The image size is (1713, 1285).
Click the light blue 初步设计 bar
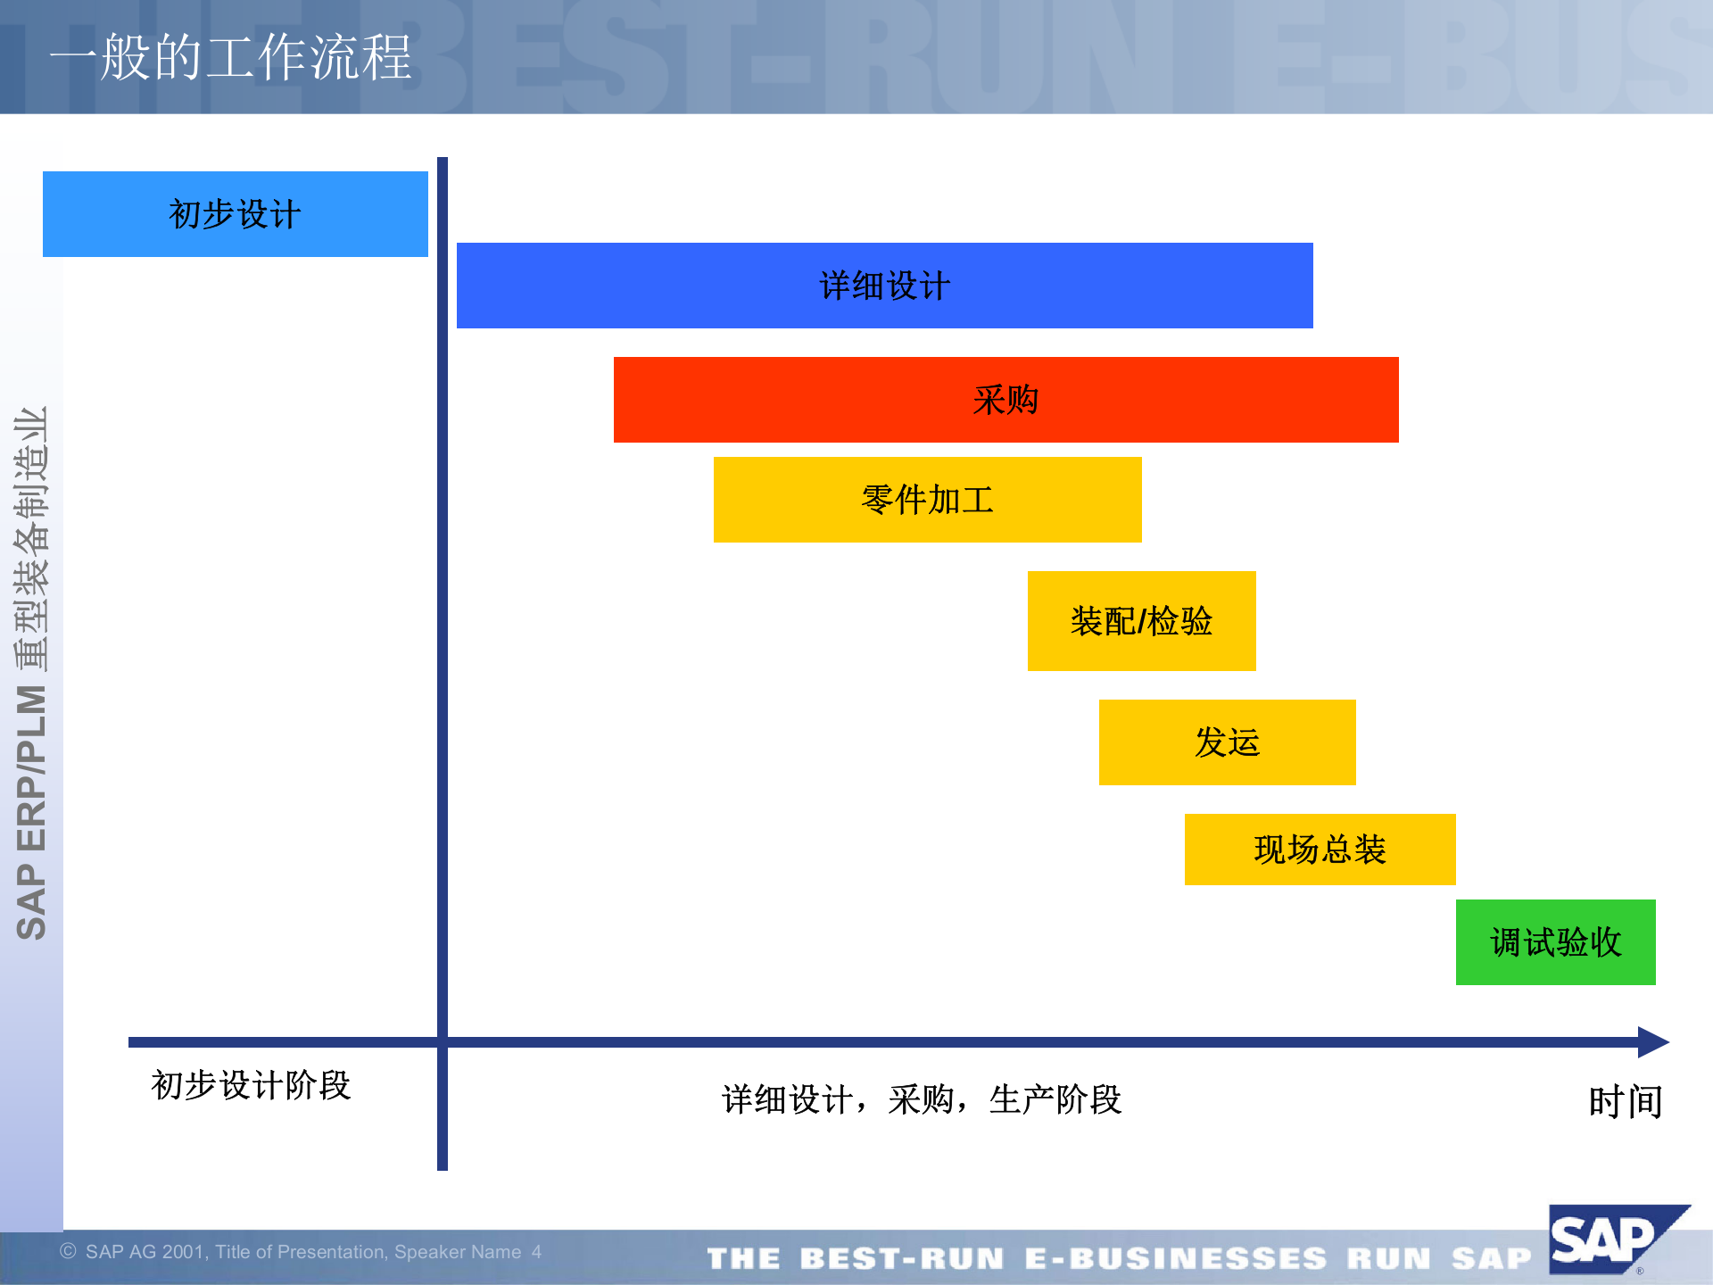(x=236, y=214)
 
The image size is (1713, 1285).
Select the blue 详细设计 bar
(x=884, y=286)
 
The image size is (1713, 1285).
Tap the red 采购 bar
(x=1005, y=400)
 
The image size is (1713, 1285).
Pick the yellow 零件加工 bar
(x=927, y=500)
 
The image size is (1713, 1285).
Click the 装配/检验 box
(x=1141, y=621)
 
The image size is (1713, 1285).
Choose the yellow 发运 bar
(x=1227, y=742)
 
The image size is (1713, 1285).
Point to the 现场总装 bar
(x=1320, y=850)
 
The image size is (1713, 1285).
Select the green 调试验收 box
(x=1555, y=942)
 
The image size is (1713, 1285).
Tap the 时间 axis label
(x=1626, y=1102)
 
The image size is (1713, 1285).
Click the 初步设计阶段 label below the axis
(x=251, y=1085)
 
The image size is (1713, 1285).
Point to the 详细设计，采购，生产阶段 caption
(x=921, y=1099)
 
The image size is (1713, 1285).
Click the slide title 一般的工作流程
(x=230, y=57)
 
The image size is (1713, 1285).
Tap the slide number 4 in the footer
(x=536, y=1252)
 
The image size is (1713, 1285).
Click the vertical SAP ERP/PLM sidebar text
(x=32, y=674)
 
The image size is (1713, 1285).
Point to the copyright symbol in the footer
(x=68, y=1251)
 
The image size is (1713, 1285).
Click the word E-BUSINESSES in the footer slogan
(x=1175, y=1258)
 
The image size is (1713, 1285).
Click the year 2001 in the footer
(x=183, y=1252)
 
